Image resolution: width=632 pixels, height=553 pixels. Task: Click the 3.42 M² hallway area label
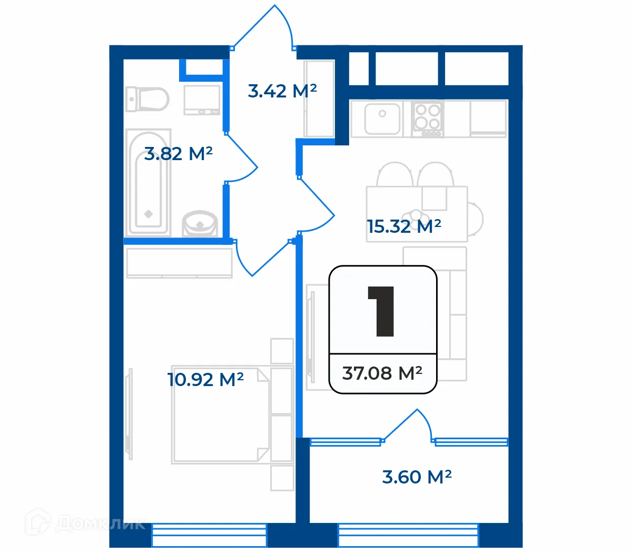(282, 91)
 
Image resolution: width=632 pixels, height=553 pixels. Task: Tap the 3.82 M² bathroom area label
(178, 153)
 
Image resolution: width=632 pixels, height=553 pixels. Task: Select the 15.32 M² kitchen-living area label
(404, 226)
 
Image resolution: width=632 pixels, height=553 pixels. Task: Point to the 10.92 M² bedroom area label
(205, 379)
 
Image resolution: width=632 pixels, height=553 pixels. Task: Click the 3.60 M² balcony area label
(417, 477)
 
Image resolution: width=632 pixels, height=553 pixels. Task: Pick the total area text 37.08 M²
(382, 373)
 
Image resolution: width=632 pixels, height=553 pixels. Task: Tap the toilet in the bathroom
(147, 98)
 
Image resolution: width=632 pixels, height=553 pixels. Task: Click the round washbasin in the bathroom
(200, 224)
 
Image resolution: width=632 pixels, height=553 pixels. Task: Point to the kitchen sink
(382, 118)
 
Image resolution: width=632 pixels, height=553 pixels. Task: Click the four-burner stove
(427, 118)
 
